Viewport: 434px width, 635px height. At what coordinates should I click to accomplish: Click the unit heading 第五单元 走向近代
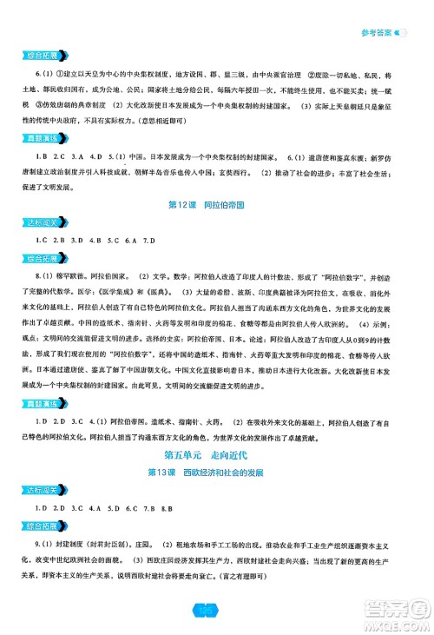216,476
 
